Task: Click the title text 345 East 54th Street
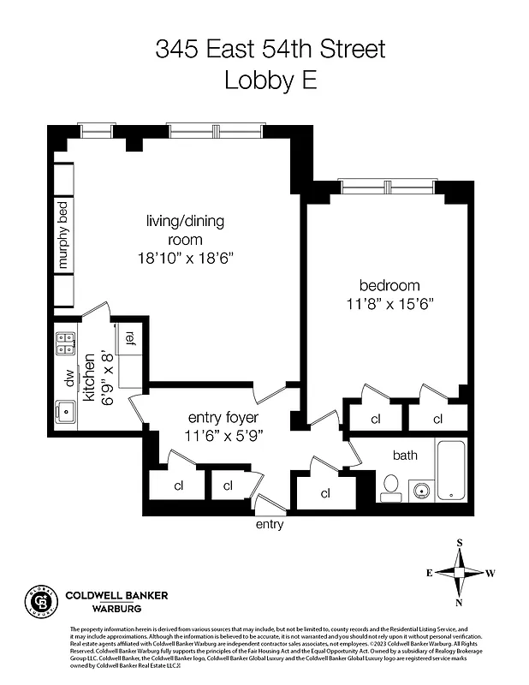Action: pos(270,49)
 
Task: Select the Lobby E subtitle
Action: pos(270,80)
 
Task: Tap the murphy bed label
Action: pos(63,233)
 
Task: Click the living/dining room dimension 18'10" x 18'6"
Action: pos(184,257)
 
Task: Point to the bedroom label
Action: pos(389,285)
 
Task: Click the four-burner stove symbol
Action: pos(66,344)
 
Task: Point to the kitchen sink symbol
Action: pos(66,413)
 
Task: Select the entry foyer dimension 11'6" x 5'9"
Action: pos(223,435)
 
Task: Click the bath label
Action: pos(405,455)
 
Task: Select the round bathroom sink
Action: pos(420,491)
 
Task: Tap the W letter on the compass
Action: pos(491,573)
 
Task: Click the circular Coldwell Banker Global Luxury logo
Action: pos(40,602)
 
